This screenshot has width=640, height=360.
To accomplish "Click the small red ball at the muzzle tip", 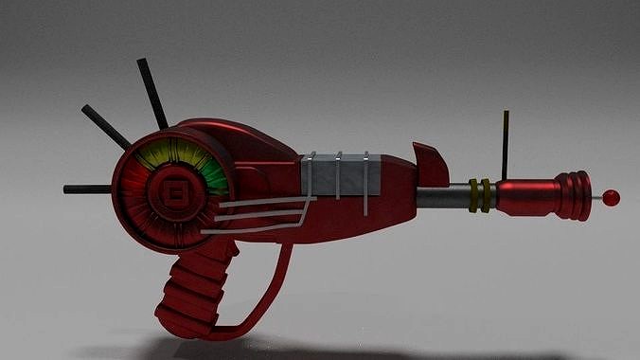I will pos(612,197).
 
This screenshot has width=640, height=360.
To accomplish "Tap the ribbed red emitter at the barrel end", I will pos(572,196).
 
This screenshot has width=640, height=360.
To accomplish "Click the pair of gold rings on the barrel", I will pos(480,196).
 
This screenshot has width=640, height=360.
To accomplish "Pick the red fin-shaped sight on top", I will pos(430,167).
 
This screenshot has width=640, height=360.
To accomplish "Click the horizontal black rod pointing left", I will pos(87,189).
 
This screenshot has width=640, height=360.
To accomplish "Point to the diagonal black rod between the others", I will pos(105,127).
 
